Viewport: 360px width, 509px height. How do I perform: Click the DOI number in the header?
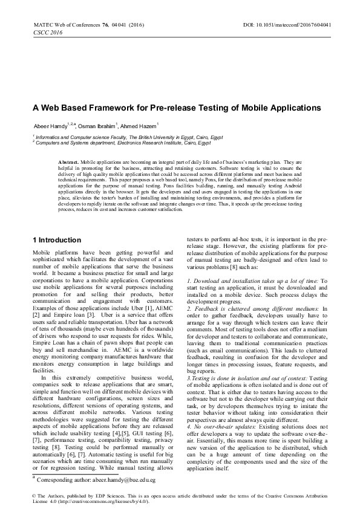pyautogui.click(x=308, y=26)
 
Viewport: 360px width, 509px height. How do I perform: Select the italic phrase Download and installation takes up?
pyautogui.click(x=249, y=280)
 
